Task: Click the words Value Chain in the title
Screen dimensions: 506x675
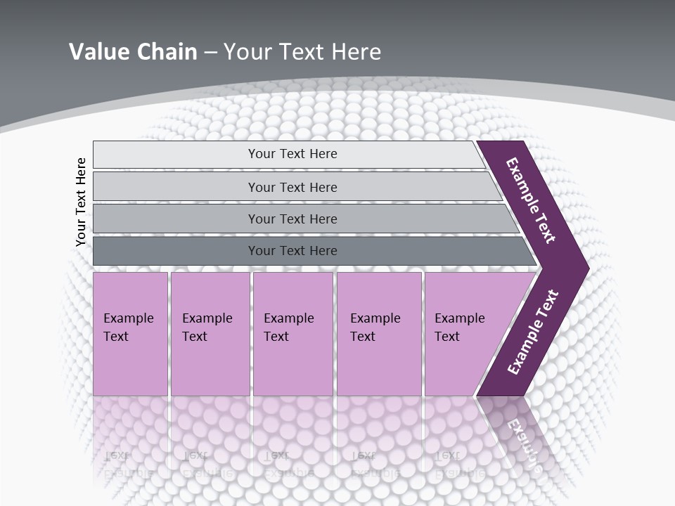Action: tap(133, 52)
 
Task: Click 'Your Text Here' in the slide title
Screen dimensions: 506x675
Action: tap(302, 52)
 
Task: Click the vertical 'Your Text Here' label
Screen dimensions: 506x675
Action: tap(81, 202)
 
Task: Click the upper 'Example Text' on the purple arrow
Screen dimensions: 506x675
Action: tap(531, 200)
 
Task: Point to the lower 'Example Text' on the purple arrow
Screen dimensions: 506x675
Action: tap(533, 332)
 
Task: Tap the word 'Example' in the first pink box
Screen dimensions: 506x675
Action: tap(128, 318)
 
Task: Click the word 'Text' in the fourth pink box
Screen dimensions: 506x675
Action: tap(363, 337)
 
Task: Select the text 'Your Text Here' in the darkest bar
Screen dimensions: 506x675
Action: tap(292, 251)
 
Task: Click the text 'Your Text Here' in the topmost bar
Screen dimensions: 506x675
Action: tap(292, 154)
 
